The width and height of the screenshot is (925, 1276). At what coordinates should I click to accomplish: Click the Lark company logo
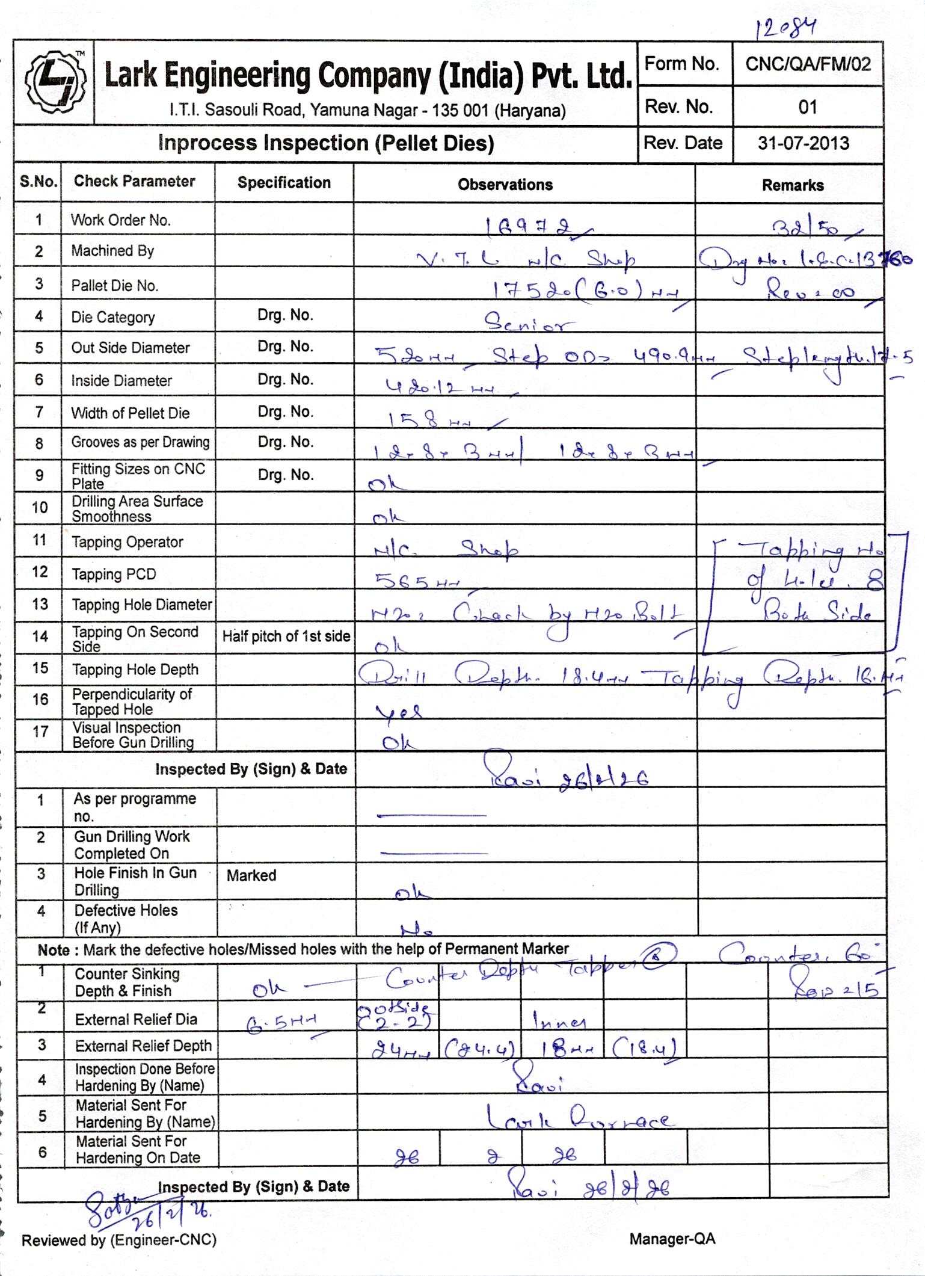tap(54, 83)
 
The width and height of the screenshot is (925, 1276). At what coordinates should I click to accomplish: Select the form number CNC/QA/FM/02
tap(808, 64)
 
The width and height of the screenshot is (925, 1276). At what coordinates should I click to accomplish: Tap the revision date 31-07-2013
tap(804, 143)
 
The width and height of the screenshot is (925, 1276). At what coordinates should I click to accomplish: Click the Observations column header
tap(505, 185)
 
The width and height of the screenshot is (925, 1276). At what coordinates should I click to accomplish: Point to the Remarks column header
tap(793, 185)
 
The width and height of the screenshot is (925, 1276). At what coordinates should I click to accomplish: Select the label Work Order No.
tap(121, 220)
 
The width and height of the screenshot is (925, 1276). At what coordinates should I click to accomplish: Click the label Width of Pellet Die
tap(131, 413)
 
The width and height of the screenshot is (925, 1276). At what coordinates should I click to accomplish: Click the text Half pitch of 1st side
tap(286, 636)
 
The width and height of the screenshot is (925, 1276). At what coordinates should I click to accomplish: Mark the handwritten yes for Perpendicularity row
tap(398, 712)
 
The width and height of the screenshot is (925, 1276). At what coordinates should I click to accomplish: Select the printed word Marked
tap(251, 875)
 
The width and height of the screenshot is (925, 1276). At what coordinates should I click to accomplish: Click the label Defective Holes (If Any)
tap(126, 919)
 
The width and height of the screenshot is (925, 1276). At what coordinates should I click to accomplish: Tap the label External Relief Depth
tap(143, 1046)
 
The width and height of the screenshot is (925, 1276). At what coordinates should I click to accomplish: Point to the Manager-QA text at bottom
tap(672, 1239)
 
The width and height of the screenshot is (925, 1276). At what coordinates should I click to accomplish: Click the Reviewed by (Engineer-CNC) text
tap(119, 1240)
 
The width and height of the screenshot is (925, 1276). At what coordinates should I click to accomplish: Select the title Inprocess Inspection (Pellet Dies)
tap(325, 143)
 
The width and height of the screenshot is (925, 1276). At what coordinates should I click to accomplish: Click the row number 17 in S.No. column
tap(40, 732)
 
